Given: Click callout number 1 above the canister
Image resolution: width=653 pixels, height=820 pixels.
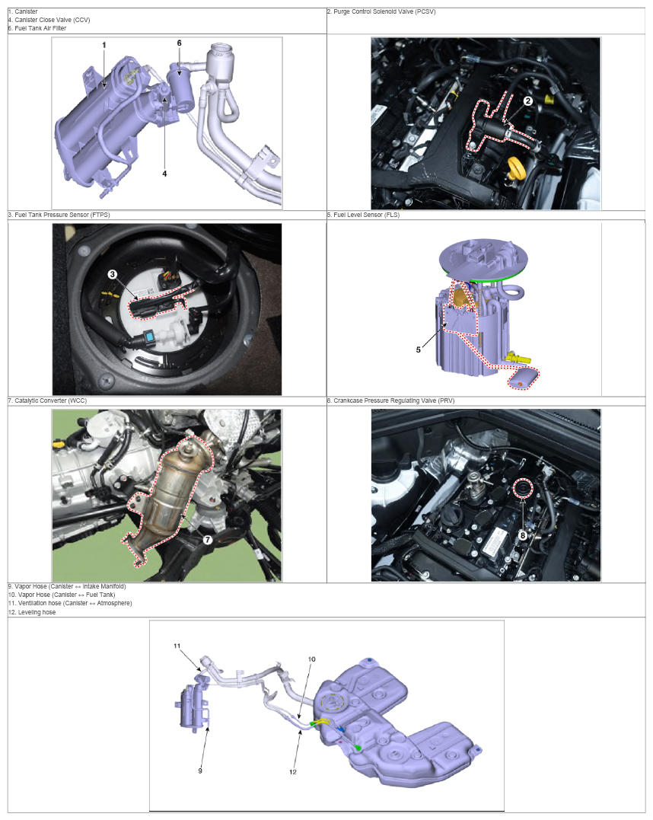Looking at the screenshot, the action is click(104, 46).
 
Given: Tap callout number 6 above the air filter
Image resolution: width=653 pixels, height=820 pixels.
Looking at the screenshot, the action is click(180, 43).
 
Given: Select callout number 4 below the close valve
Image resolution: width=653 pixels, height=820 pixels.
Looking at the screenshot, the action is click(164, 174).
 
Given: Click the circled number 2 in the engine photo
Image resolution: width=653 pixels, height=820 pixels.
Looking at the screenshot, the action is click(528, 101).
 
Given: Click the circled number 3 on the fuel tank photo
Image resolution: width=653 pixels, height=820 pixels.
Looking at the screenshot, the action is click(113, 274).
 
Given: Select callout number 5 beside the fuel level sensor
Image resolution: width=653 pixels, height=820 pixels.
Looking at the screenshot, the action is click(419, 350).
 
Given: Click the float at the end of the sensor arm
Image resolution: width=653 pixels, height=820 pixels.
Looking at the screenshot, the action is click(524, 378).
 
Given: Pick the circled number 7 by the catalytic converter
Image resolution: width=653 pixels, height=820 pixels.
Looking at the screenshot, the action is click(208, 539).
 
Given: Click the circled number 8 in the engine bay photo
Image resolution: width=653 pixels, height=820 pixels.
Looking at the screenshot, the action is click(522, 535).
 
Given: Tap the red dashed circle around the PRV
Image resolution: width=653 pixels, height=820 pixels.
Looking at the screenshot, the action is click(522, 489).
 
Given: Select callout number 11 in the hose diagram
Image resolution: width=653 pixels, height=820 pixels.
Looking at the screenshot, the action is click(177, 646).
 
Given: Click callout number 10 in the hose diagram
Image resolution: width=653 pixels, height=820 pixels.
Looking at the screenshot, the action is click(311, 659).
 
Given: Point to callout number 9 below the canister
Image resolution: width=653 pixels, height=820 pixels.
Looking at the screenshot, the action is click(199, 771).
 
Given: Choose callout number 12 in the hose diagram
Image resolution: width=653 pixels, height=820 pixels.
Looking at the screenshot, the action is click(293, 771).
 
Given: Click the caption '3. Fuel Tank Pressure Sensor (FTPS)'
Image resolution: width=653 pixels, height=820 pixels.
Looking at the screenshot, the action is click(59, 215).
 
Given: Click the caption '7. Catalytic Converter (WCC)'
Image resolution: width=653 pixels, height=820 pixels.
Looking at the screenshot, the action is click(48, 400).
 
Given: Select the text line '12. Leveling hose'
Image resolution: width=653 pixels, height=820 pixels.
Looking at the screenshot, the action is click(32, 612).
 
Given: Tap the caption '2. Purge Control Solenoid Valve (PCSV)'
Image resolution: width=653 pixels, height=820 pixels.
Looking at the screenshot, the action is click(381, 11).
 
